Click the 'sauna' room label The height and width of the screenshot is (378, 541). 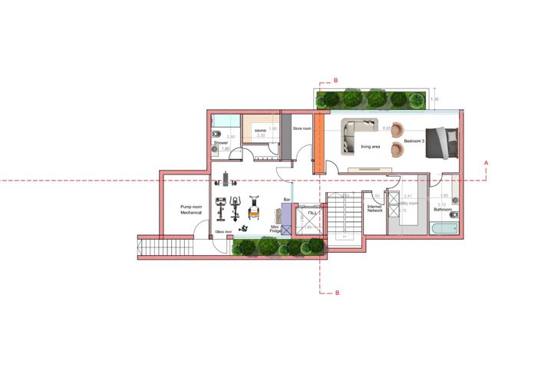pos(260,131)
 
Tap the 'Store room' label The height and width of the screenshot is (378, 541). pos(302,128)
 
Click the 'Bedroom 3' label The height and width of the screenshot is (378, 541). pos(415,141)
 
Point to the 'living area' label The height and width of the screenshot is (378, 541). pos(371,146)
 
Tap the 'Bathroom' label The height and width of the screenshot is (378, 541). pos(442,209)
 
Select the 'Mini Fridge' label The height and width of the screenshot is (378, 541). pos(275,230)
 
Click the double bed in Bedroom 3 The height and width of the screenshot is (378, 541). pos(442,141)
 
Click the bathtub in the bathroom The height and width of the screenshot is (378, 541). pos(443,229)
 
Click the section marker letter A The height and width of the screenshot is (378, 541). pos(486,163)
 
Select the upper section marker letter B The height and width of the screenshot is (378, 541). pos(335,79)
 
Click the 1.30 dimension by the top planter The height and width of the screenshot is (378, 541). pos(434,99)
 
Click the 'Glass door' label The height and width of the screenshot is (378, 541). pos(223,230)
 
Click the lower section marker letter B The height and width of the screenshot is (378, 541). pos(335,293)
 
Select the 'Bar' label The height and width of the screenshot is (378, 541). pos(287,200)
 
